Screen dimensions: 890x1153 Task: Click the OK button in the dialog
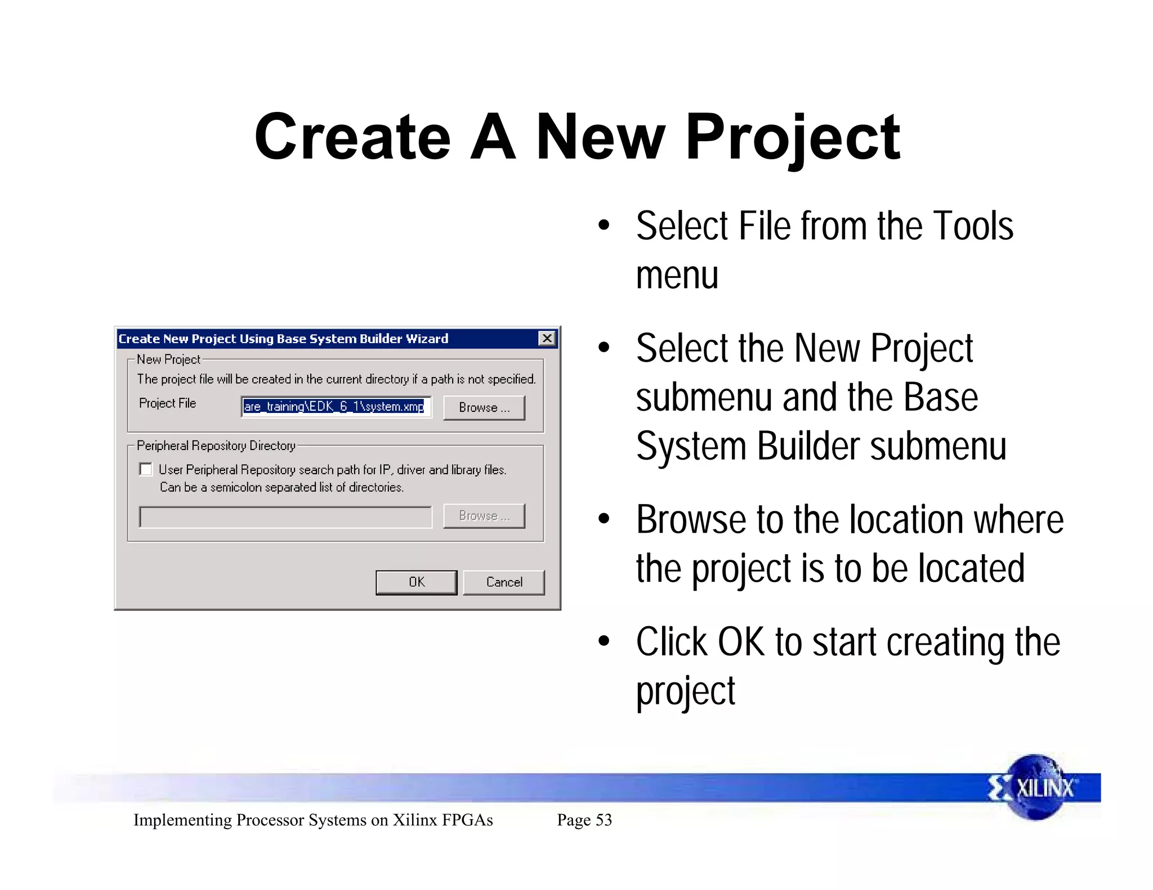point(416,582)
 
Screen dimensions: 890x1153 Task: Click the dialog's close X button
point(547,338)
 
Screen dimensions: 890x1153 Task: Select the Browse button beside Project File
point(484,407)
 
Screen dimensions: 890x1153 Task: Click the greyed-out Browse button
point(484,516)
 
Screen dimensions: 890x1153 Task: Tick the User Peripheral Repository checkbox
point(146,469)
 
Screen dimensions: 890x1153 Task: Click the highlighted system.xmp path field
point(336,407)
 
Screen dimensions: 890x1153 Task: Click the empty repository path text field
point(285,517)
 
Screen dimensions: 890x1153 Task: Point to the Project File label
point(167,403)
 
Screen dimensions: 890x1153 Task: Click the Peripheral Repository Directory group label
point(216,446)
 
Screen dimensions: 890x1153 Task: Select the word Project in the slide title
point(793,138)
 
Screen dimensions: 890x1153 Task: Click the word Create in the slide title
point(352,138)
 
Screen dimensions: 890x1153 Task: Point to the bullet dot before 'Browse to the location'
point(604,519)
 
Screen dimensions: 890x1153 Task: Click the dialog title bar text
point(283,339)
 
